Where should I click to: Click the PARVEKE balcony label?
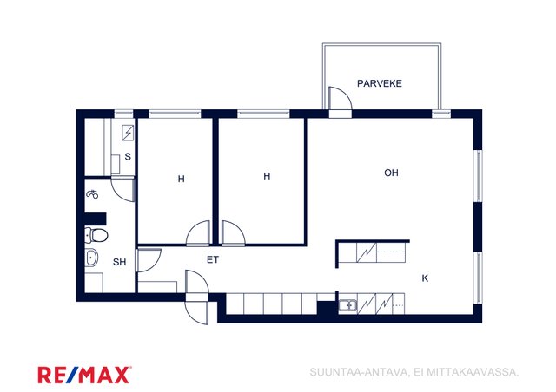[380, 83]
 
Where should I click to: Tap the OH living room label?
[391, 173]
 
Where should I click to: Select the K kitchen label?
[425, 278]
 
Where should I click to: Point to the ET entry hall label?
[212, 260]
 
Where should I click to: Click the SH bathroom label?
[119, 262]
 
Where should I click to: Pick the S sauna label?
[128, 156]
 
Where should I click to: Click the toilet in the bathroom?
[96, 235]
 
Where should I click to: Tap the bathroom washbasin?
[91, 258]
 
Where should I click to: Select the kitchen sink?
[347, 305]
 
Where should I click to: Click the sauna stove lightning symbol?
[128, 133]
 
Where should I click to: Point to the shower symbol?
[92, 194]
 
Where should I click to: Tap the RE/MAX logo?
[84, 375]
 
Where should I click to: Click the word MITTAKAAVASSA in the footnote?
[473, 372]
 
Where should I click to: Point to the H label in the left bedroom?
[182, 180]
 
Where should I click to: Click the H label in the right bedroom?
[267, 176]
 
